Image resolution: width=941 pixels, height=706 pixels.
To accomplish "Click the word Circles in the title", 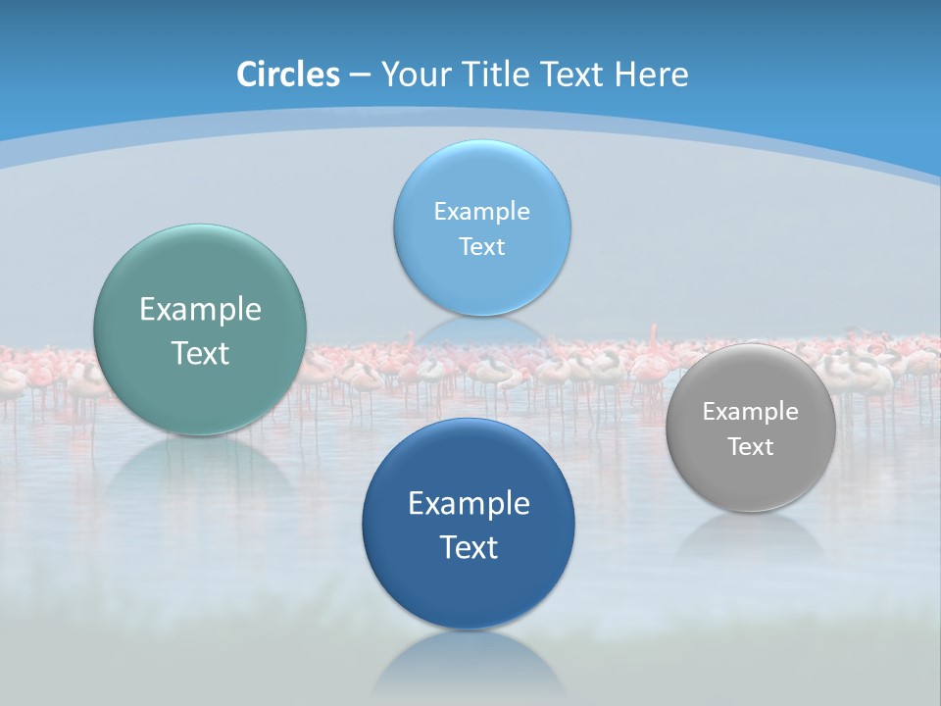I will click(287, 74).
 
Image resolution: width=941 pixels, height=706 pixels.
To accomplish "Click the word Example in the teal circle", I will click(200, 310).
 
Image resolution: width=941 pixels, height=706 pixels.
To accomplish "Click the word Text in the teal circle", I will click(200, 353).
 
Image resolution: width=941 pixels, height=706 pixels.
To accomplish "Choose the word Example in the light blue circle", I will click(481, 211).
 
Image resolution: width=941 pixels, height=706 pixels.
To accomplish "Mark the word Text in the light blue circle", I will click(481, 246).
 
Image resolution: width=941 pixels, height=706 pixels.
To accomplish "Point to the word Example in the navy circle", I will click(469, 503).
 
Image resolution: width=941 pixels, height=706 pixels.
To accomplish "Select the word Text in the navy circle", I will click(469, 547).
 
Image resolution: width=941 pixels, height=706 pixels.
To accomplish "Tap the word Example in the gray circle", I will click(751, 411).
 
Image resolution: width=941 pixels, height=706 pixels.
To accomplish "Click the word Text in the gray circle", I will click(751, 447).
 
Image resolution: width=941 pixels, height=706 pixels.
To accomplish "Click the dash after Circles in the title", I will click(360, 75).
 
